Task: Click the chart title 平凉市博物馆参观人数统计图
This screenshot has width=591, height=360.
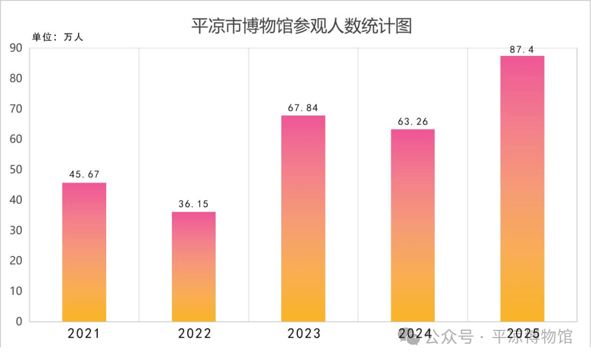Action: pyautogui.click(x=301, y=26)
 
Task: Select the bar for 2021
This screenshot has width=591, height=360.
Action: pyautogui.click(x=84, y=252)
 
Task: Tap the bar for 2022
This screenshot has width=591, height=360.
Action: pyautogui.click(x=194, y=266)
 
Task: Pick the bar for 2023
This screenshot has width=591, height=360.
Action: pyautogui.click(x=303, y=218)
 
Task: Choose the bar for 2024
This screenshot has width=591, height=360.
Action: pyautogui.click(x=413, y=225)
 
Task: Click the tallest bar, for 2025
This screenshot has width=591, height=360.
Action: pyautogui.click(x=522, y=188)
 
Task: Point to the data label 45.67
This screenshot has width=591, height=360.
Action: pyautogui.click(x=84, y=175)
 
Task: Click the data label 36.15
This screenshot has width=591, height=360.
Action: pyautogui.click(x=194, y=204)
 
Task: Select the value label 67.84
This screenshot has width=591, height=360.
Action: pyautogui.click(x=303, y=107)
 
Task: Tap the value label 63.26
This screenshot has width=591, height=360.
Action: pyautogui.click(x=413, y=121)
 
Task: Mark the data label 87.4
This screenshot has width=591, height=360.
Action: pyautogui.click(x=522, y=49)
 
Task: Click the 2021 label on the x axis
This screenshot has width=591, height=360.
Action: pyautogui.click(x=84, y=334)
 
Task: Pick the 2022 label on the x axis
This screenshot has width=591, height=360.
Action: pyautogui.click(x=194, y=334)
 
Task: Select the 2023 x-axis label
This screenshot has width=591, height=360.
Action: pyautogui.click(x=303, y=334)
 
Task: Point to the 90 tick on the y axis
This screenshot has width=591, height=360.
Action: pyautogui.click(x=16, y=48)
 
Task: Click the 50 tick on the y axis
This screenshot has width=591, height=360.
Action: pyautogui.click(x=16, y=170)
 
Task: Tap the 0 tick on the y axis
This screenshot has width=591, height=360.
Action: pyautogui.click(x=19, y=322)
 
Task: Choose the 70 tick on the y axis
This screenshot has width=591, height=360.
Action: pyautogui.click(x=16, y=109)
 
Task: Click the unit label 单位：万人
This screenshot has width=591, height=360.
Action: pyautogui.click(x=57, y=37)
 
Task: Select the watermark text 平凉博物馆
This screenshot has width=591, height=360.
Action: pyautogui.click(x=532, y=337)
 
